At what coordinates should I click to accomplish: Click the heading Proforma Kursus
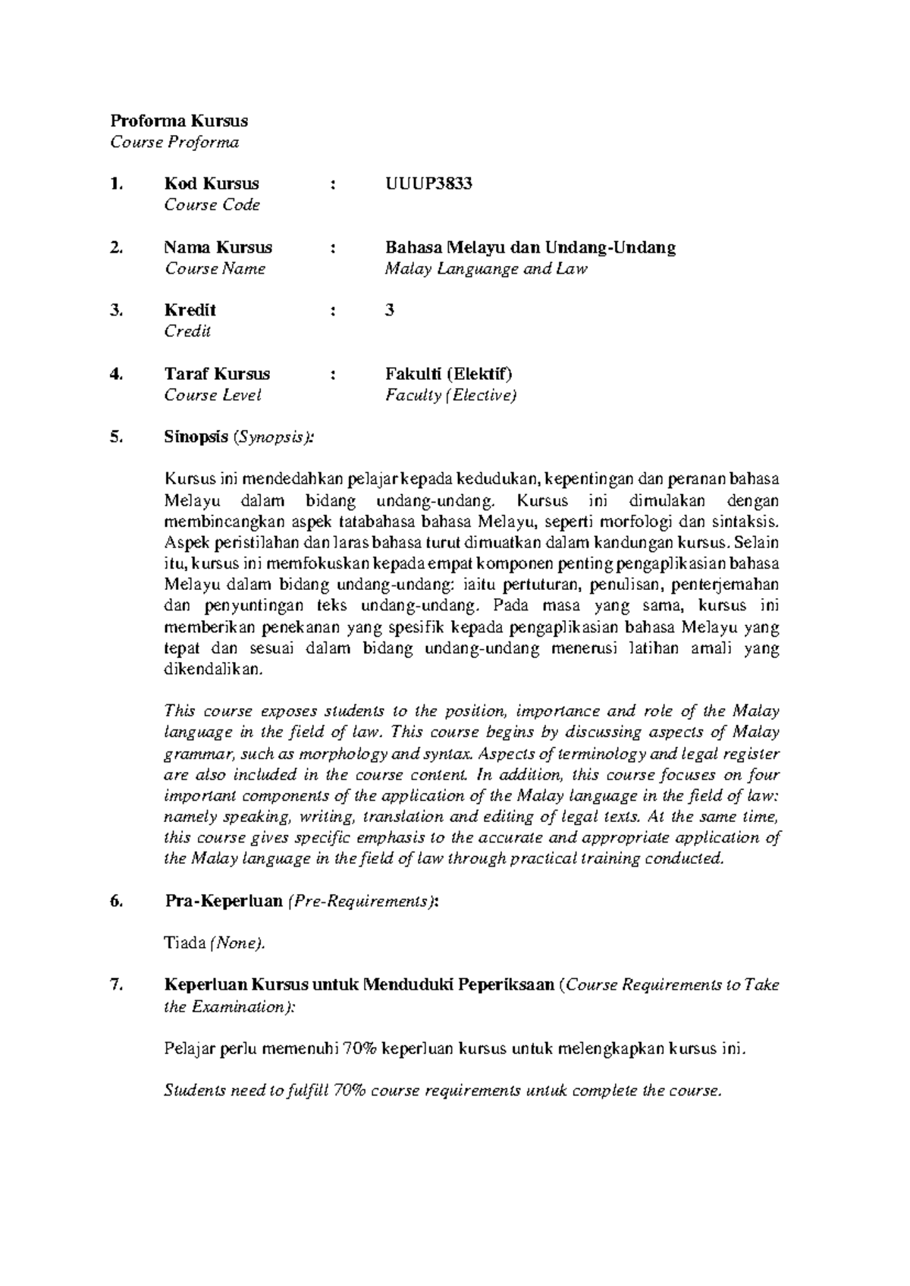pos(179,121)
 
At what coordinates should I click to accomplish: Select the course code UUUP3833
pos(428,183)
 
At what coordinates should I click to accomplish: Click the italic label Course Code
pos(212,205)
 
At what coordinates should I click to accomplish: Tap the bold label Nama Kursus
pos(218,247)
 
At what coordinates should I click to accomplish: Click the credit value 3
pos(390,310)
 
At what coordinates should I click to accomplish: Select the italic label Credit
pos(187,331)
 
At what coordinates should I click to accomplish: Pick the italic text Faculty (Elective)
pos(450,395)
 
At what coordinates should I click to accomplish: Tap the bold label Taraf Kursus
pos(217,374)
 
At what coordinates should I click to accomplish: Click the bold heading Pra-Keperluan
pos(223,901)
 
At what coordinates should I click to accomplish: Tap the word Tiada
pos(185,943)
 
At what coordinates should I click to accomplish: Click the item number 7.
pos(115,986)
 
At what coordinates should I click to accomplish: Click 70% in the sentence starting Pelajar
pos(359,1049)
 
